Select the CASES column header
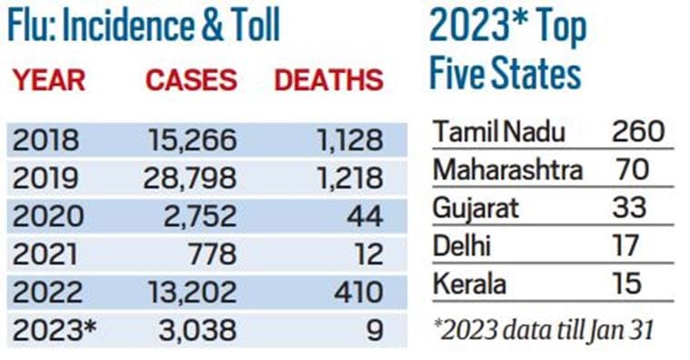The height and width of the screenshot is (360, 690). coord(191,80)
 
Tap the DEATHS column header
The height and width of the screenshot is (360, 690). coord(328,80)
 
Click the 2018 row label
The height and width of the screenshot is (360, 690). coord(46,141)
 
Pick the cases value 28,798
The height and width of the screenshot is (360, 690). coord(190,179)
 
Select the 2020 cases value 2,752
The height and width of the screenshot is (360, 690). coord(200,216)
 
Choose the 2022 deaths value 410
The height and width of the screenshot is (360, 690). coord(358,292)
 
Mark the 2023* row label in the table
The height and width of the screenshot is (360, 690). coord(53,329)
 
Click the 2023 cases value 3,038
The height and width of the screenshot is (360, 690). coord(200,329)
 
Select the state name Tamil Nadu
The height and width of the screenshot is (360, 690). coord(499,132)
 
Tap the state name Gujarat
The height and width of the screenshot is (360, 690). coord(475,207)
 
